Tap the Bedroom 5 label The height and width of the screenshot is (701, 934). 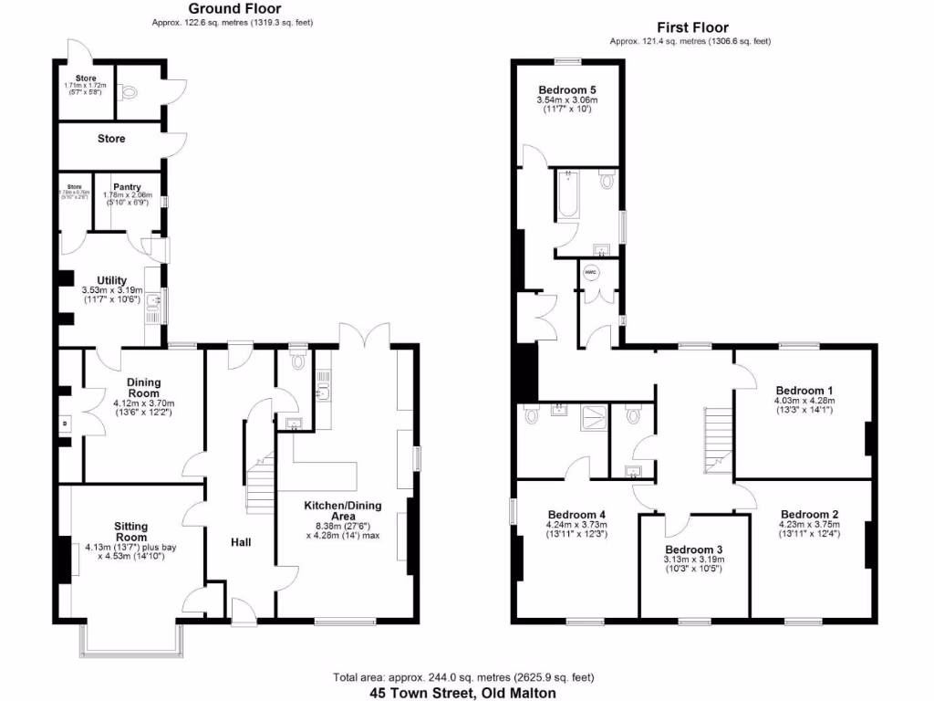[x=566, y=89]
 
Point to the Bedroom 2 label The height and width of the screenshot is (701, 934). [x=809, y=514]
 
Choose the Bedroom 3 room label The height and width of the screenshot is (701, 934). [x=693, y=549]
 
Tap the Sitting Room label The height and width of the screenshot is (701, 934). [x=130, y=531]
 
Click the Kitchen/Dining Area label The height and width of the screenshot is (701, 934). [x=343, y=510]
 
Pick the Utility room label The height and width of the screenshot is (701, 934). [x=111, y=280]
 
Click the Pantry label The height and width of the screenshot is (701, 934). [x=127, y=186]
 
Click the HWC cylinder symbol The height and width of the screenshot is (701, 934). [x=590, y=272]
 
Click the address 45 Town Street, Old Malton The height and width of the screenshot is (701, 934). [x=462, y=693]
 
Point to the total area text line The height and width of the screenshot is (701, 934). [x=462, y=677]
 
